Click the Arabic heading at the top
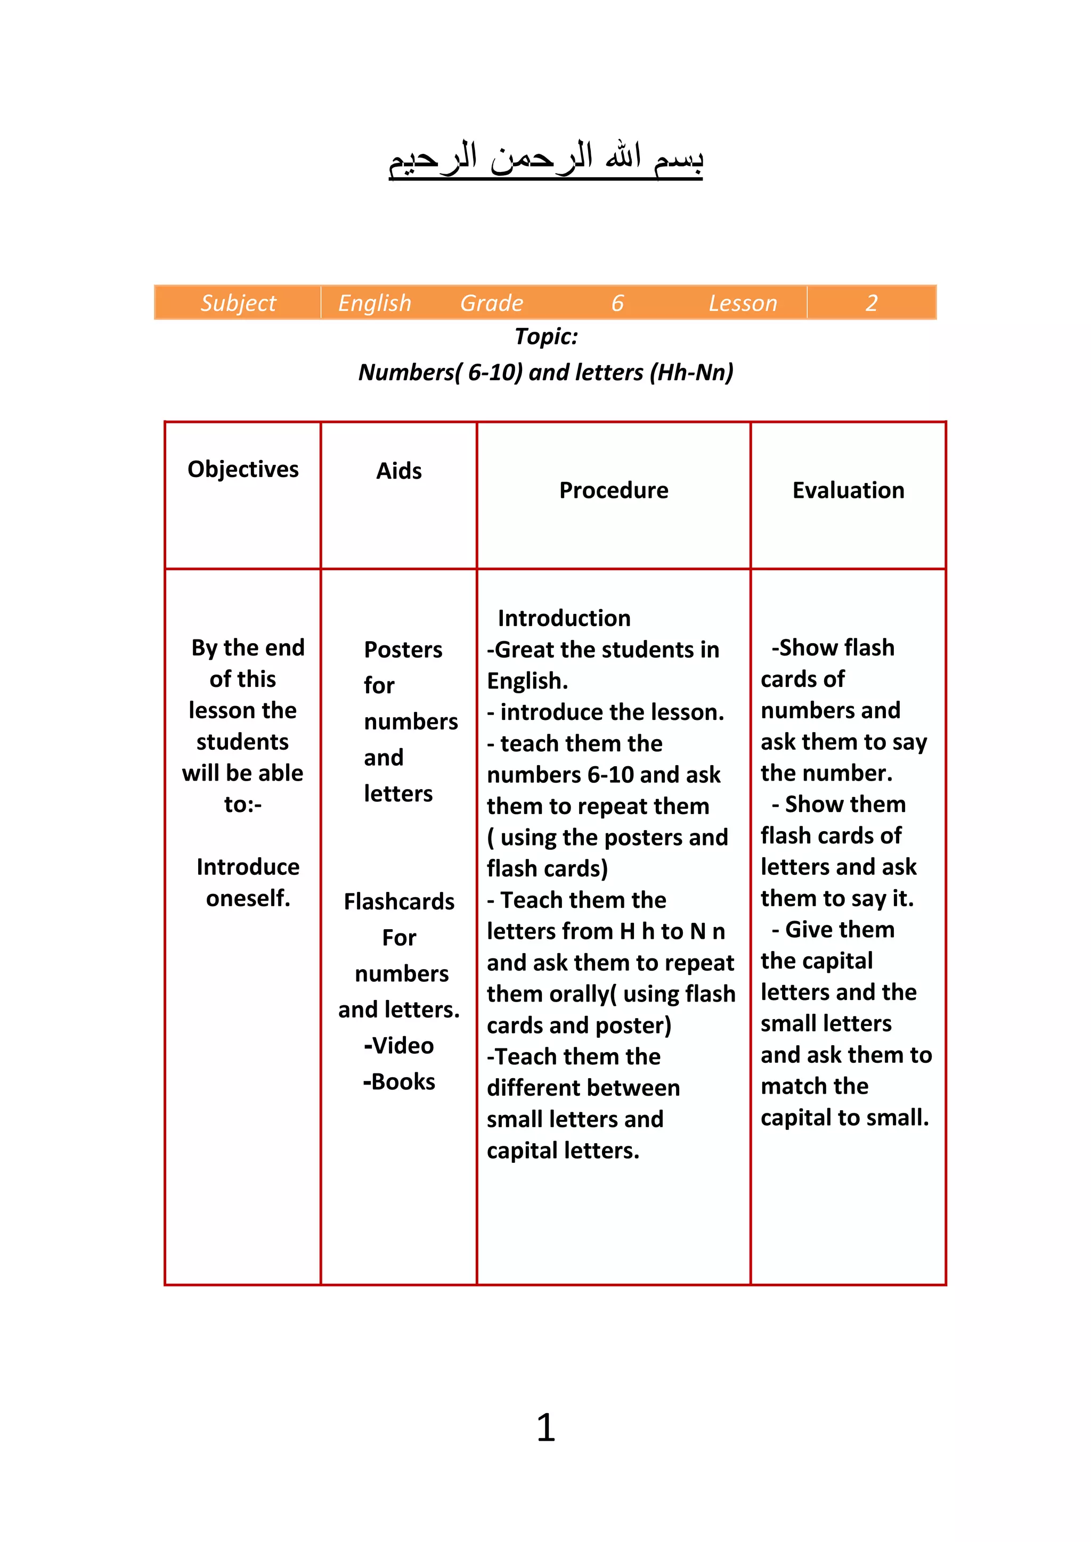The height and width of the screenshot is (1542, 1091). [545, 160]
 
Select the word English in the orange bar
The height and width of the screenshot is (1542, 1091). [374, 304]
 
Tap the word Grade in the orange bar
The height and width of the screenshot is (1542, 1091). [491, 304]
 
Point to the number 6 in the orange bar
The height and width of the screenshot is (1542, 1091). [617, 304]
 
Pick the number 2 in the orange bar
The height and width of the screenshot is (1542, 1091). [872, 304]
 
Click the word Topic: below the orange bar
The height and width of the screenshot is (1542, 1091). [546, 337]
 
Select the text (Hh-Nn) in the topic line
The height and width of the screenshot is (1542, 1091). [691, 372]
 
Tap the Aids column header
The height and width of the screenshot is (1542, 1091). [399, 471]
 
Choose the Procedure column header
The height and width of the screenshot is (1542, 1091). [613, 491]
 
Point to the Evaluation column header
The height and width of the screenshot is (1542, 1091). [848, 491]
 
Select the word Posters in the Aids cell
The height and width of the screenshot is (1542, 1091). [403, 650]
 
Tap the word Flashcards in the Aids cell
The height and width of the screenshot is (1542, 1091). [399, 902]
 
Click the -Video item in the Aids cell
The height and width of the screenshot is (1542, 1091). [399, 1046]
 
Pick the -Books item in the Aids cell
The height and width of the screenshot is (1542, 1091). [399, 1082]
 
